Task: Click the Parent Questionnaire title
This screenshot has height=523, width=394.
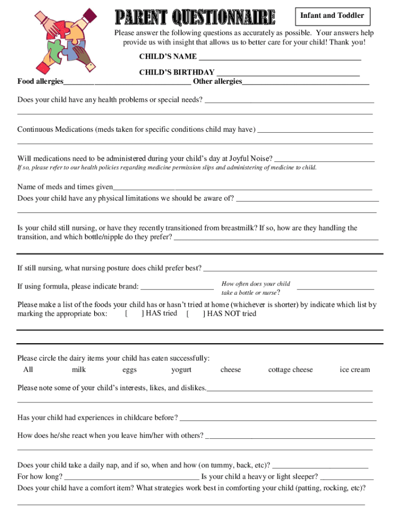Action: [x=194, y=19]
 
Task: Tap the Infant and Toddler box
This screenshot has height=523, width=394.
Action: [x=332, y=16]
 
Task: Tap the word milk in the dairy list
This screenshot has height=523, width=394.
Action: [x=79, y=370]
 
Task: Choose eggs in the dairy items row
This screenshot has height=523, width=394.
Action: [x=129, y=370]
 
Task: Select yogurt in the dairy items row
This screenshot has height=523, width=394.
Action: [x=181, y=370]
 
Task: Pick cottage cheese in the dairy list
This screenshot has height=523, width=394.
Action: [x=290, y=370]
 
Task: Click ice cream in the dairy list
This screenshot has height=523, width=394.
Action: [x=355, y=370]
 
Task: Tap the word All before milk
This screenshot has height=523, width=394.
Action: [x=28, y=370]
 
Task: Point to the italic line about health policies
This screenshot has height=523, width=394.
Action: [x=167, y=168]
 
